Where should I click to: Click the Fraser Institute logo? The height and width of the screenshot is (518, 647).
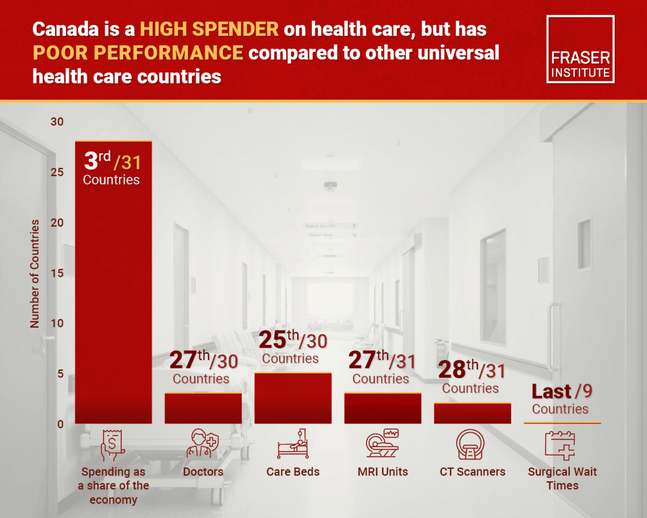coord(580,49)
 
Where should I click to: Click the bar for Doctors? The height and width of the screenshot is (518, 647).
coord(203,408)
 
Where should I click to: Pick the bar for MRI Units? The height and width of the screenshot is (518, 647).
coord(382,408)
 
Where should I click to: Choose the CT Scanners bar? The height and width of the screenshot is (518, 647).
coord(472,413)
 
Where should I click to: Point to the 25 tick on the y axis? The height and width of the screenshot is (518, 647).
coord(57,173)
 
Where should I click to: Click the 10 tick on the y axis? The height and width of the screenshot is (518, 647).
coord(57,324)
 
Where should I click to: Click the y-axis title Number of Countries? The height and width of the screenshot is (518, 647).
coord(35,274)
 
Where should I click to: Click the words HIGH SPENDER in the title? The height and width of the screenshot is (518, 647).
coord(209,29)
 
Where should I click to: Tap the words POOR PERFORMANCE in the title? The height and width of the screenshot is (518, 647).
coord(137,52)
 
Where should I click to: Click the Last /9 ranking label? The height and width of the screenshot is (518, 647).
coord(561,392)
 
